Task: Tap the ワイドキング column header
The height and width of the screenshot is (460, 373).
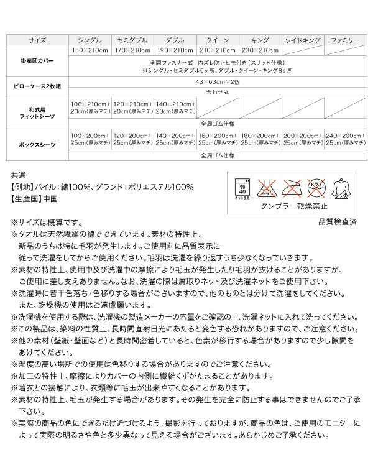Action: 302,39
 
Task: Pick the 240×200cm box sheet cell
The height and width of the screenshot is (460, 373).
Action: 345,139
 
